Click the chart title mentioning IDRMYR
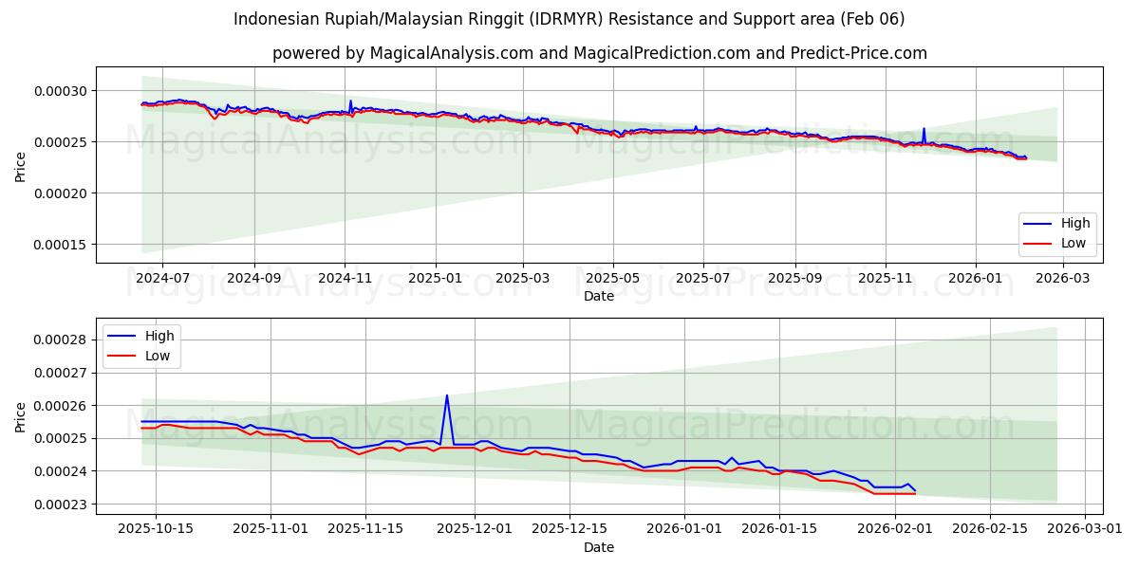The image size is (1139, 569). pos(569,19)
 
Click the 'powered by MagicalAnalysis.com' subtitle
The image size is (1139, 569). pos(599,53)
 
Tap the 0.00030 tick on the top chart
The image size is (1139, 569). pos(61,91)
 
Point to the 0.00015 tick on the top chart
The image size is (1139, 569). pos(61,245)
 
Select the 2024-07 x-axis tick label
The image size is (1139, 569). pos(162,278)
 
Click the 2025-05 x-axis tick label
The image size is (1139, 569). pos(612,278)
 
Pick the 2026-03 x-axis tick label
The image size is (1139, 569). pos(1062,278)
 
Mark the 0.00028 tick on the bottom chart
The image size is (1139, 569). pos(61,340)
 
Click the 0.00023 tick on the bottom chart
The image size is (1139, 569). pos(61,505)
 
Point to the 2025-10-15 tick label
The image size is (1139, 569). pos(157,529)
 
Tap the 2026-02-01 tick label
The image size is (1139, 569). pos(894,529)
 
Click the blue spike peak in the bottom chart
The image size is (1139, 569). pos(447,395)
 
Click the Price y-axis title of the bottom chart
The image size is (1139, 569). pos(21,416)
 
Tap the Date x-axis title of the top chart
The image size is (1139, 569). pos(599,296)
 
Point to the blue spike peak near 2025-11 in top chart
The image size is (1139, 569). pos(924,129)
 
